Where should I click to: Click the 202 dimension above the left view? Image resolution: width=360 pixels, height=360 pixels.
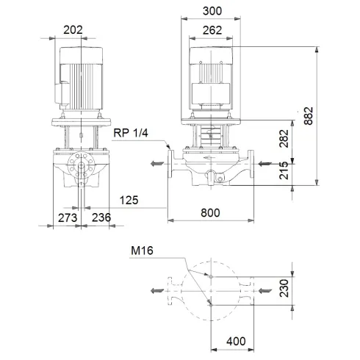pos(72,30)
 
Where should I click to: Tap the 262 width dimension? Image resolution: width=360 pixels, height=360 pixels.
pos(211,31)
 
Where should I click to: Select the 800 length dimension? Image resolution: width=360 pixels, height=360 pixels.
pos(211,212)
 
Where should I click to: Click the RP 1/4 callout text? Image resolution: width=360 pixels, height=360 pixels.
pos(132,133)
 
